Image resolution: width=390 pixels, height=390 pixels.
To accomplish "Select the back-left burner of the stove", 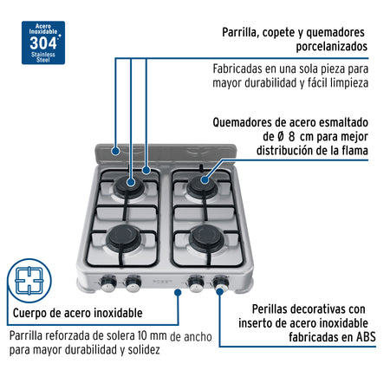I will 132,184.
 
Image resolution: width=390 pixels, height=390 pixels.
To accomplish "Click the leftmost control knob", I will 112,282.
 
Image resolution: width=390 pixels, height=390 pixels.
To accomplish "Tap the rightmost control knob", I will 221,282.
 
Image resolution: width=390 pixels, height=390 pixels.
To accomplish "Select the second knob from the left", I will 133,282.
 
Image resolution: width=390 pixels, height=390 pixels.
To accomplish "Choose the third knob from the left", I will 199,282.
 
